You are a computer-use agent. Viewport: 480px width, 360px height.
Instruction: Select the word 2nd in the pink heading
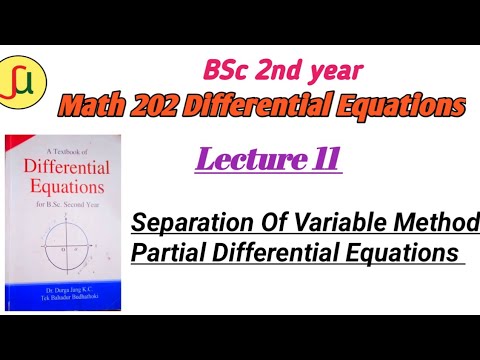[x=290, y=72]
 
